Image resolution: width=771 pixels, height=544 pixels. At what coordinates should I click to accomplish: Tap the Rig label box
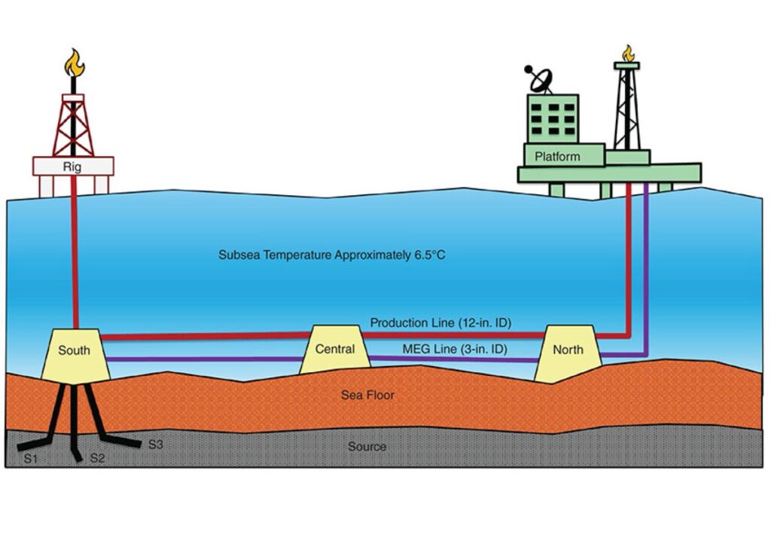[x=73, y=166]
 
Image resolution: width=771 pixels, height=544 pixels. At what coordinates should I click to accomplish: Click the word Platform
[x=557, y=157]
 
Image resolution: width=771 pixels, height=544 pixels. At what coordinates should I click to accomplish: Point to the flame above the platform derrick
[x=626, y=53]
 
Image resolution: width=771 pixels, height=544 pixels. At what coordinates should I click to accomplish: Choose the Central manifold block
[x=335, y=350]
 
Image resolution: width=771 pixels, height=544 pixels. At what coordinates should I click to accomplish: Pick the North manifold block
[x=568, y=351]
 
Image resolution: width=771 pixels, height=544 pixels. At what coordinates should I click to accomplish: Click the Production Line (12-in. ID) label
[x=440, y=323]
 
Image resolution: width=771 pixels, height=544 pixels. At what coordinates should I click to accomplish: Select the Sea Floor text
[x=367, y=394]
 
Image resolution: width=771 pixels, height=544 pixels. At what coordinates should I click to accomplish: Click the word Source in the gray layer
[x=367, y=447]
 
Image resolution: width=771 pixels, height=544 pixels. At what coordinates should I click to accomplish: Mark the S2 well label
[x=99, y=458]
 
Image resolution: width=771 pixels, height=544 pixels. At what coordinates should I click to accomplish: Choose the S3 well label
[x=155, y=445]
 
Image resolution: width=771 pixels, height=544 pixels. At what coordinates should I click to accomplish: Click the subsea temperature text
[x=332, y=255]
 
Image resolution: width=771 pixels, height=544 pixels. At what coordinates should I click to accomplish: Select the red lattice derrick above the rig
[x=73, y=124]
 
